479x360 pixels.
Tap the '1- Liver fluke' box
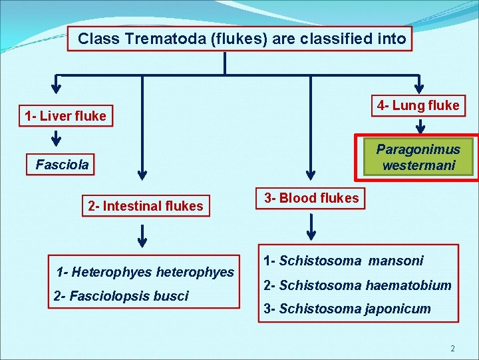tap(65, 116)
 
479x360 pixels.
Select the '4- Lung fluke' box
tap(418, 105)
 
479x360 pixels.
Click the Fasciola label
tap(62, 164)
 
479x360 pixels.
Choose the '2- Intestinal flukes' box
tap(145, 206)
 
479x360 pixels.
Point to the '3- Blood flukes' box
tap(311, 197)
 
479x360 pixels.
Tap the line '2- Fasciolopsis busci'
tap(121, 295)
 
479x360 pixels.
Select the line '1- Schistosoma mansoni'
tap(343, 261)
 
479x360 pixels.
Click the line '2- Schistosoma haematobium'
tap(357, 285)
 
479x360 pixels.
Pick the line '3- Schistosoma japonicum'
tap(347, 309)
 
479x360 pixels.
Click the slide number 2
tap(452, 349)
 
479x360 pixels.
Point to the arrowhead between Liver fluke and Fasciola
tap(57, 141)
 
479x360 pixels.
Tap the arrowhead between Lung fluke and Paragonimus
tap(420, 128)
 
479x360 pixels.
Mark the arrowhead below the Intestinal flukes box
tap(141, 237)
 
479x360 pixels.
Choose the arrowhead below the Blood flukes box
tap(311, 235)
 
